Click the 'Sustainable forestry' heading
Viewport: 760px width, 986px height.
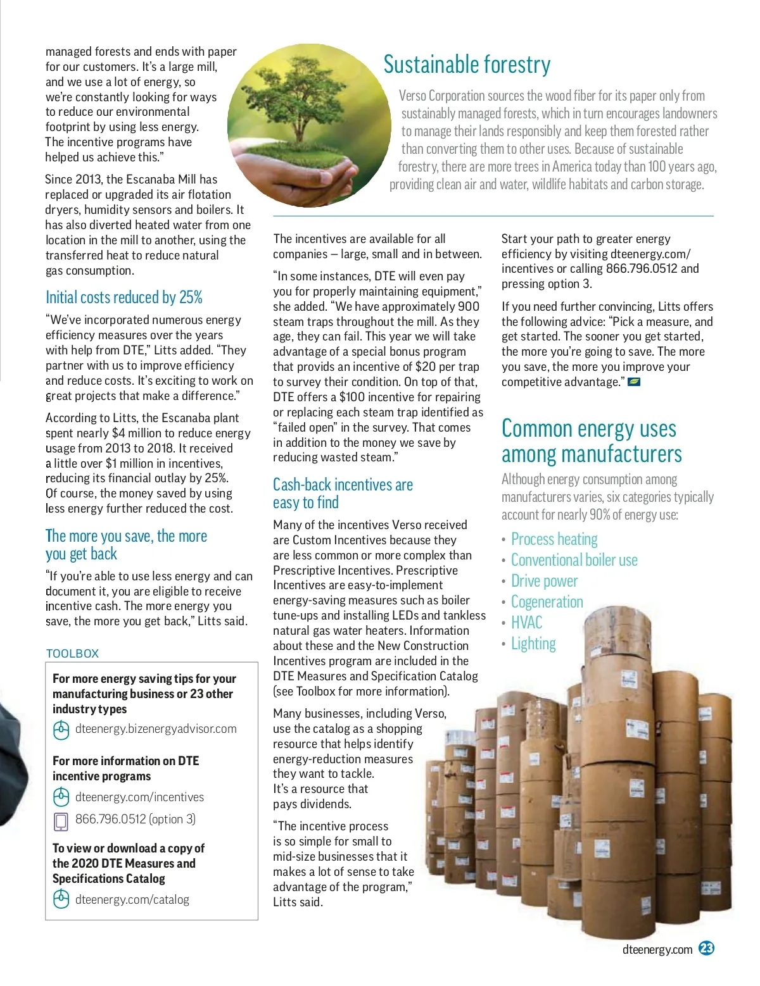pyautogui.click(x=467, y=65)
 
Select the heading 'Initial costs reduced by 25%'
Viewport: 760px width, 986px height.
pyautogui.click(x=124, y=297)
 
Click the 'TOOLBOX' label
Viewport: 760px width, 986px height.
pyautogui.click(x=73, y=654)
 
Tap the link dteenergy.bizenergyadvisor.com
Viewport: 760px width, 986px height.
pyautogui.click(x=156, y=729)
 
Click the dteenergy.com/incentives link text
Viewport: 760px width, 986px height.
pyautogui.click(x=139, y=797)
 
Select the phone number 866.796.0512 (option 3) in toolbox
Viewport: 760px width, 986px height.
pyautogui.click(x=136, y=820)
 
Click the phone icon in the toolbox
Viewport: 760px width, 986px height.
pyautogui.click(x=61, y=821)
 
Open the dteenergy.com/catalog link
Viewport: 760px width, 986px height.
pyautogui.click(x=132, y=900)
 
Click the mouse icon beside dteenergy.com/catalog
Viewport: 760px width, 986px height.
pyautogui.click(x=61, y=899)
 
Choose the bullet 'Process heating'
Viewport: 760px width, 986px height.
pyautogui.click(x=554, y=539)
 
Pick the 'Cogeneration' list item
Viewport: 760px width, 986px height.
pyautogui.click(x=547, y=602)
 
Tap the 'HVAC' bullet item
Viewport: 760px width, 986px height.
pyautogui.click(x=526, y=623)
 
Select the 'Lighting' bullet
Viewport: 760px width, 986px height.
pyautogui.click(x=533, y=644)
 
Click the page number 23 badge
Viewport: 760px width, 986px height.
pyautogui.click(x=706, y=948)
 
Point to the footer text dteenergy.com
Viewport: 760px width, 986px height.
pyautogui.click(x=657, y=949)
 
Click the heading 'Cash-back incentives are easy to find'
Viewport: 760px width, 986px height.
pyautogui.click(x=343, y=494)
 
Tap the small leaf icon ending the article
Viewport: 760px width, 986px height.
pyautogui.click(x=633, y=382)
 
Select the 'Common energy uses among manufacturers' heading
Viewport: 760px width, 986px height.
pyautogui.click(x=592, y=441)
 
